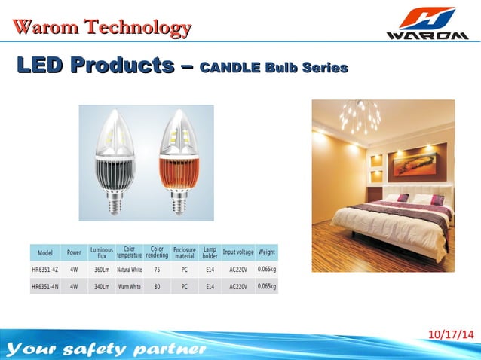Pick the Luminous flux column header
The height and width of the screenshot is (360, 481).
point(101,252)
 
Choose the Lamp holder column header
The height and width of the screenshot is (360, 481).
point(210,252)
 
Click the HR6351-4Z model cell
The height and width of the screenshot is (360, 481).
point(45,269)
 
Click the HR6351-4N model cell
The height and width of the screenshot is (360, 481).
point(45,287)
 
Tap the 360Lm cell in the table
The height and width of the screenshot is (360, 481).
point(101,269)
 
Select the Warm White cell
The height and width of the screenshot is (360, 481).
point(129,287)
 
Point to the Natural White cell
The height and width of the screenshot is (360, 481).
point(129,269)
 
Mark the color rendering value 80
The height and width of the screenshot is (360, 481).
point(157,287)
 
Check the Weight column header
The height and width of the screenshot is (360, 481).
point(267,252)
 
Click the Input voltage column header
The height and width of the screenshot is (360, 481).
point(238,252)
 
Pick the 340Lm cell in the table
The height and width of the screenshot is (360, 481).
point(101,287)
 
